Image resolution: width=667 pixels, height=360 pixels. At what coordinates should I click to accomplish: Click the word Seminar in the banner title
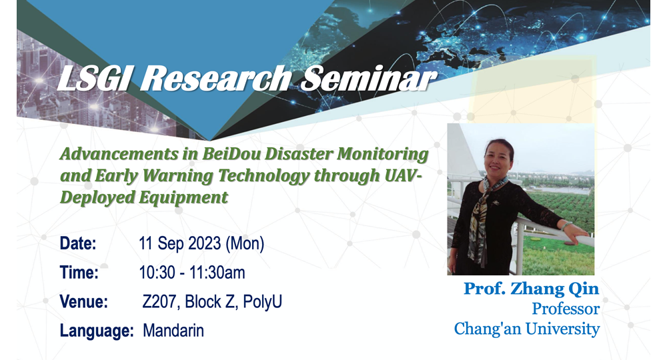tap(368, 79)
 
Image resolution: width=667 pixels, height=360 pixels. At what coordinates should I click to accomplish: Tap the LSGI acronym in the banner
tap(93, 79)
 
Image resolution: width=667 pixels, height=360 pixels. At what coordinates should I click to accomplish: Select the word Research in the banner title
tap(215, 79)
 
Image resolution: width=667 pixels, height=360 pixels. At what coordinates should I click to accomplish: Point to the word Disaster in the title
tap(298, 154)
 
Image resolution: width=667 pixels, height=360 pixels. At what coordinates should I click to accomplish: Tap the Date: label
tap(78, 243)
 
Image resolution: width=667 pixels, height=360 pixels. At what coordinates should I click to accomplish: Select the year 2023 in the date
tap(205, 243)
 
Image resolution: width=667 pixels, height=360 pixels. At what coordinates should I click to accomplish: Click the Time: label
tap(79, 273)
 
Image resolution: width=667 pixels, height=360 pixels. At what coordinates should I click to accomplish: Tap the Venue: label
tap(84, 302)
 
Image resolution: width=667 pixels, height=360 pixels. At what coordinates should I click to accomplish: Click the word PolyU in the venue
tap(262, 302)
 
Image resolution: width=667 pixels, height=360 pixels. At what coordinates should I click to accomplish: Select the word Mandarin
tap(173, 331)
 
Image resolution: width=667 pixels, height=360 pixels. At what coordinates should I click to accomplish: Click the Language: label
tap(97, 331)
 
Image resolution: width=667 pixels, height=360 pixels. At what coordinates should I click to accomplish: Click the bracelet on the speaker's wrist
tap(565, 227)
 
